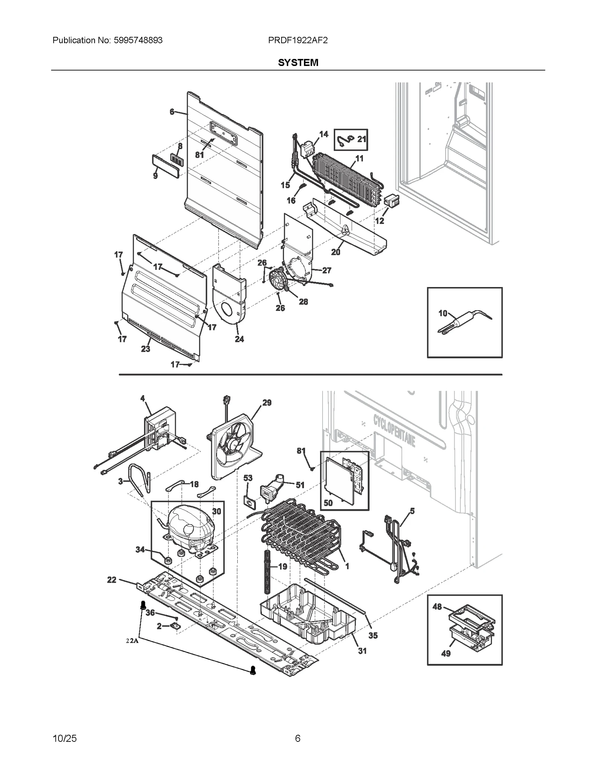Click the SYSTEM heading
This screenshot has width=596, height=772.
pyautogui.click(x=298, y=62)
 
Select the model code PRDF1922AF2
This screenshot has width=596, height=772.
pyautogui.click(x=298, y=40)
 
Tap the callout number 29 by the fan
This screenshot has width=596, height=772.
pyautogui.click(x=267, y=403)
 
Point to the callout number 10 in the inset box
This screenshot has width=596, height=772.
pyautogui.click(x=443, y=313)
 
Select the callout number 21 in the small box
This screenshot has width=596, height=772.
pyautogui.click(x=362, y=139)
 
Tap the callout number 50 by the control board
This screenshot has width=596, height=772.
pyautogui.click(x=328, y=503)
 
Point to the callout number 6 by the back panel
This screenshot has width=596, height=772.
pyautogui.click(x=172, y=111)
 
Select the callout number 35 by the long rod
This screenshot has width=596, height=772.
pyautogui.click(x=373, y=636)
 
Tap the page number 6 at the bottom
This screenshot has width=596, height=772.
pyautogui.click(x=297, y=738)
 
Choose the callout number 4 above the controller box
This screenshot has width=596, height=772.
pyautogui.click(x=143, y=398)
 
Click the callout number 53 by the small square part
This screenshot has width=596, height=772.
pyautogui.click(x=248, y=478)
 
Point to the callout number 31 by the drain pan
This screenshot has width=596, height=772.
pyautogui.click(x=362, y=651)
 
